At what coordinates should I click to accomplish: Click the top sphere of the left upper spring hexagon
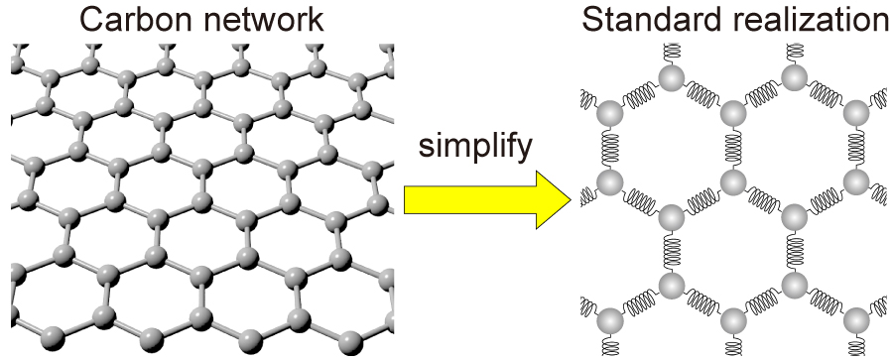click(671, 76)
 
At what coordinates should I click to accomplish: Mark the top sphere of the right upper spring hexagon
click(794, 76)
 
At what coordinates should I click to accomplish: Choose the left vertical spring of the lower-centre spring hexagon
click(671, 250)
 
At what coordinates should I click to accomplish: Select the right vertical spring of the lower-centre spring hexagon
click(794, 250)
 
